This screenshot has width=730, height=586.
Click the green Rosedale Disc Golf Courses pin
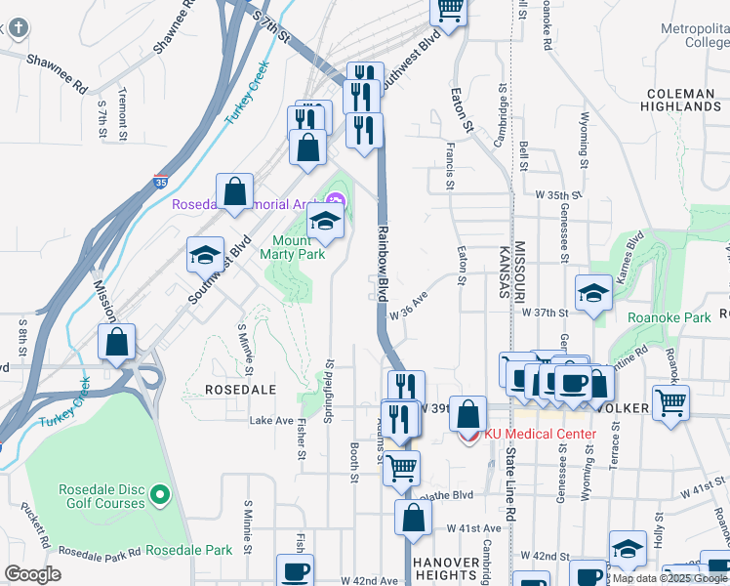pos(162,492)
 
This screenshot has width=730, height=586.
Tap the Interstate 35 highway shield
pos(160,181)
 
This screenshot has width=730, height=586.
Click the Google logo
pos(32,574)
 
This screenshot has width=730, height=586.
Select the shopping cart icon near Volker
pos(669,401)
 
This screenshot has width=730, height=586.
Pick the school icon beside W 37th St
pos(593,293)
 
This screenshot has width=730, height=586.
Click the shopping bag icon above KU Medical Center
pos(468,411)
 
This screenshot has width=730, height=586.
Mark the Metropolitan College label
pos(694,35)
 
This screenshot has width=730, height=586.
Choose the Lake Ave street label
pos(271,421)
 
